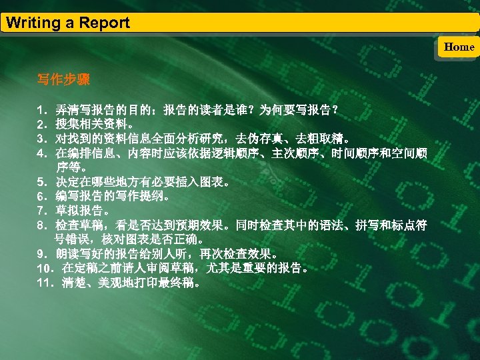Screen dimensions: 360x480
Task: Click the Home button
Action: (x=459, y=47)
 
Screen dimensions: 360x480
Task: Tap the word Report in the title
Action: (x=104, y=23)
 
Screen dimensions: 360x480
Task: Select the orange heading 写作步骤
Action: (x=63, y=80)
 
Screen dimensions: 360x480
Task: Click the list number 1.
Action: (x=41, y=109)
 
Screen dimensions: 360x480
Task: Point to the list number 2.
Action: (x=41, y=124)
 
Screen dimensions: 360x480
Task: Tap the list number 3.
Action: (x=41, y=139)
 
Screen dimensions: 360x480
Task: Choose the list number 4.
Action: (x=41, y=154)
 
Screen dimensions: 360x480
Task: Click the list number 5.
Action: (x=41, y=181)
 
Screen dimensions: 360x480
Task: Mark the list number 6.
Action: (x=41, y=197)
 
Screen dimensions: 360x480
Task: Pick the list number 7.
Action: (x=41, y=211)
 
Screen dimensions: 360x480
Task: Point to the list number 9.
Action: (x=41, y=254)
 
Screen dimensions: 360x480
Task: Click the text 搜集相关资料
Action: (x=91, y=124)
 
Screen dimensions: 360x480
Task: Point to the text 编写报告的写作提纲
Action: (x=111, y=197)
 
